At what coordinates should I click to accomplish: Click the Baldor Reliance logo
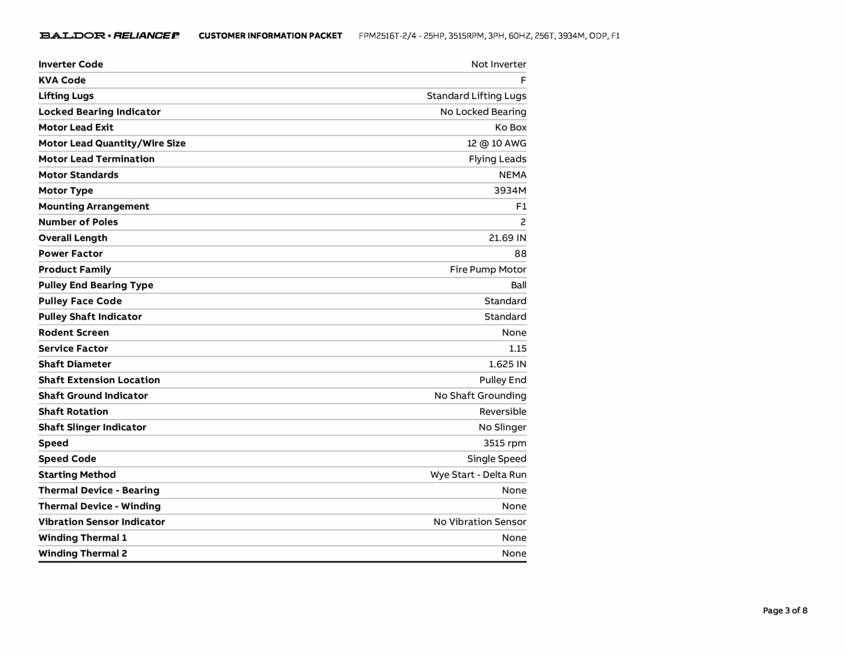pos(109,36)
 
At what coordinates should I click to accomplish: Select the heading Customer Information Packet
pos(270,36)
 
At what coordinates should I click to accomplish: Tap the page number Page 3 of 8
pos(785,610)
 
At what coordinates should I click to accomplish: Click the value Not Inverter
pos(499,64)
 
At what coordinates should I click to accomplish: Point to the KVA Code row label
pos(62,80)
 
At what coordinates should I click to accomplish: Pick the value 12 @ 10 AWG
pos(497,143)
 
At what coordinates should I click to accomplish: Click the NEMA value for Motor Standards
pos(512,175)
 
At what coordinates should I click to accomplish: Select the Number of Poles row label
pos(78,222)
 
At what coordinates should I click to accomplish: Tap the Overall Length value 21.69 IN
pos(507,238)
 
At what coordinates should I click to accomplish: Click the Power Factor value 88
pos(520,253)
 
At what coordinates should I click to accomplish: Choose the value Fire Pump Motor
pos(488,270)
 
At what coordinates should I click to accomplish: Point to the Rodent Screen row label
pos(74,332)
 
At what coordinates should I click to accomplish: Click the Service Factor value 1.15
pos(518,348)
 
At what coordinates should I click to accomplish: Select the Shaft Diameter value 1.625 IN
pos(507,364)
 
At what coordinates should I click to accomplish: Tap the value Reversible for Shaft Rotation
pos(503,411)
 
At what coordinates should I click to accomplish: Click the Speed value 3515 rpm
pos(505,443)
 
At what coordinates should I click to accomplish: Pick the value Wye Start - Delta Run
pos(478,475)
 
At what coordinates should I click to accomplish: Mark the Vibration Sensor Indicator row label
pos(102,522)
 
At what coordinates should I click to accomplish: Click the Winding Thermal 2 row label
pos(83,553)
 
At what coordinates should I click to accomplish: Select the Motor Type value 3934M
pos(510,191)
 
